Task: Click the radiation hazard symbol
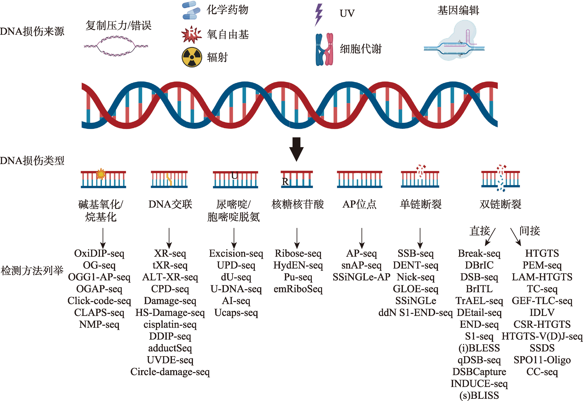(192, 57)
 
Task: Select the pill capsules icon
(191, 10)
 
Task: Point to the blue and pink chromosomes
(324, 50)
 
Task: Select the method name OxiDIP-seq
(99, 253)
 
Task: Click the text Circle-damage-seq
(170, 372)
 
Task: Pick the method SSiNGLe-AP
(362, 277)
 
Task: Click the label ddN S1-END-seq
(416, 313)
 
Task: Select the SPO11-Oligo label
(542, 360)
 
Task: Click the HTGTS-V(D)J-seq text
(542, 336)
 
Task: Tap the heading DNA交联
(170, 204)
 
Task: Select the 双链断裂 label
(500, 204)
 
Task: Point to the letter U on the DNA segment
(234, 175)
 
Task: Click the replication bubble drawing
(116, 46)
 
